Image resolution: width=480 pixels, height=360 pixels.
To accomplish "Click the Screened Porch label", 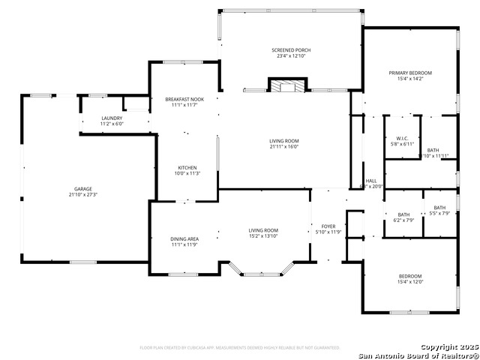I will [291, 50].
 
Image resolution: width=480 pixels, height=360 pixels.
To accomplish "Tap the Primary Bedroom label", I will [409, 73].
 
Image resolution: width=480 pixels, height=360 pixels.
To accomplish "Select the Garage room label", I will [82, 189].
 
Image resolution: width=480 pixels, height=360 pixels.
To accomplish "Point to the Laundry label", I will [112, 118].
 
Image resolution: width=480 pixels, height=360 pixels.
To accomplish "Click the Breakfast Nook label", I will [184, 100].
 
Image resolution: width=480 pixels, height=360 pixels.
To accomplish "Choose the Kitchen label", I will [187, 167].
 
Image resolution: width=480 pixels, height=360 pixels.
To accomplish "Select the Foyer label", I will [328, 226].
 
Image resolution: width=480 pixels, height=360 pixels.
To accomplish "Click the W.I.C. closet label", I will [401, 139].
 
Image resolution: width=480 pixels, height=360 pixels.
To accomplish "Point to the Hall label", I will [371, 181].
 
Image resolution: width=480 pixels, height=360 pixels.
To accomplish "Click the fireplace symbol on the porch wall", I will [286, 86].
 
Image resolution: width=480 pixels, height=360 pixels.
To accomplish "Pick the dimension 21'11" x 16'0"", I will [284, 147].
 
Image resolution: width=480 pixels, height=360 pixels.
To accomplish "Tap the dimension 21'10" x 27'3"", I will [82, 195].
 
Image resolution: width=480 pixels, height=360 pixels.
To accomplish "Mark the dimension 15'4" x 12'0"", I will [410, 282].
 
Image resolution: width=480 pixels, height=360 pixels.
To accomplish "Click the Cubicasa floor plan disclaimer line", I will [240, 347].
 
